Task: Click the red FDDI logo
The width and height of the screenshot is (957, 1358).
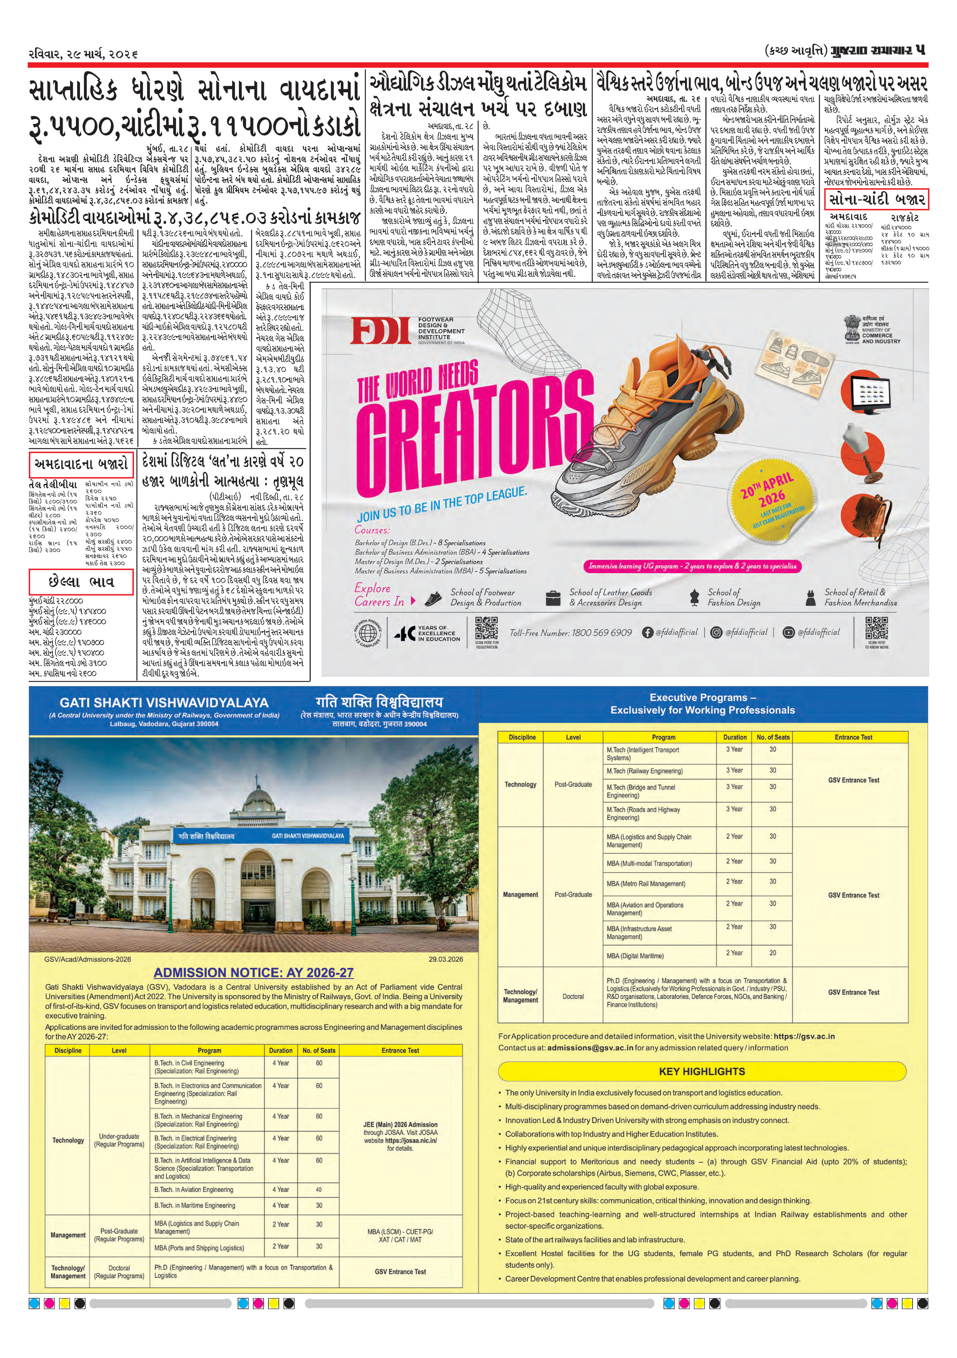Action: click(380, 331)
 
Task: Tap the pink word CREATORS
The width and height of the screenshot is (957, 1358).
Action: click(473, 432)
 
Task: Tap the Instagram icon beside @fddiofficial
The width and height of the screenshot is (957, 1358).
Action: click(716, 632)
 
